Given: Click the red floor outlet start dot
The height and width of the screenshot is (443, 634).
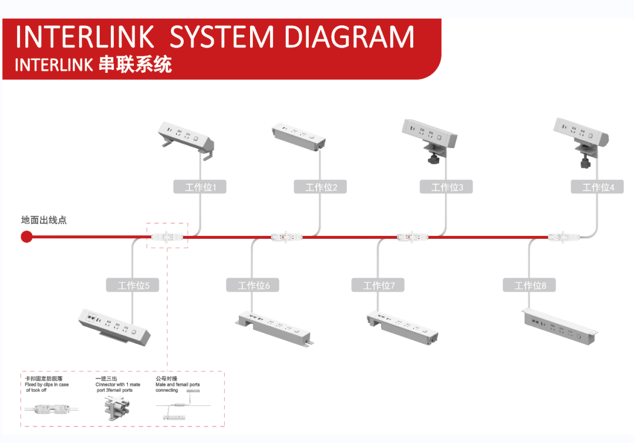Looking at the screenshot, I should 26,237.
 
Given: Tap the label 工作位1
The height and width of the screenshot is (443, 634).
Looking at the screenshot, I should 200,187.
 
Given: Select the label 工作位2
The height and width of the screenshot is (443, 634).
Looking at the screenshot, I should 321,187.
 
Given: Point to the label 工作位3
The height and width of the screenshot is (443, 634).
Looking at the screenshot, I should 446,187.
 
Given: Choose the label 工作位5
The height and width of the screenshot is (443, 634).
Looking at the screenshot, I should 133,286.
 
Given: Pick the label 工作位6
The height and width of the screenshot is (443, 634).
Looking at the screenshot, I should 253,286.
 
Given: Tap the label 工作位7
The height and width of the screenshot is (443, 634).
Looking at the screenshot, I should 379,286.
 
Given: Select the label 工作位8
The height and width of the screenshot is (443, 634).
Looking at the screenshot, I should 530,286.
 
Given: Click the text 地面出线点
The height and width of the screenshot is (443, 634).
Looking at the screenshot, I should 44,221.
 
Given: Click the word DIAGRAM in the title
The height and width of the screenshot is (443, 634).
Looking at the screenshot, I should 349,38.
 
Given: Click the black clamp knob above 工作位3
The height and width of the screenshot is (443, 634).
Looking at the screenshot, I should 433,158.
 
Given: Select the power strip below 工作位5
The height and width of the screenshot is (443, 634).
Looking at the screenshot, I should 114,326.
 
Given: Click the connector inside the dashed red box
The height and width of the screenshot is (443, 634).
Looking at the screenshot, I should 167,237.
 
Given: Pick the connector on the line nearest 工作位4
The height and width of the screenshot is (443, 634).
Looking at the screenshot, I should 564,237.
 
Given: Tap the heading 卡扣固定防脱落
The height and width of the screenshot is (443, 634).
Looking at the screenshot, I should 44,379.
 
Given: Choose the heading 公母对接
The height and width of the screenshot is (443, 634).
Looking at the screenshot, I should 166,379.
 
